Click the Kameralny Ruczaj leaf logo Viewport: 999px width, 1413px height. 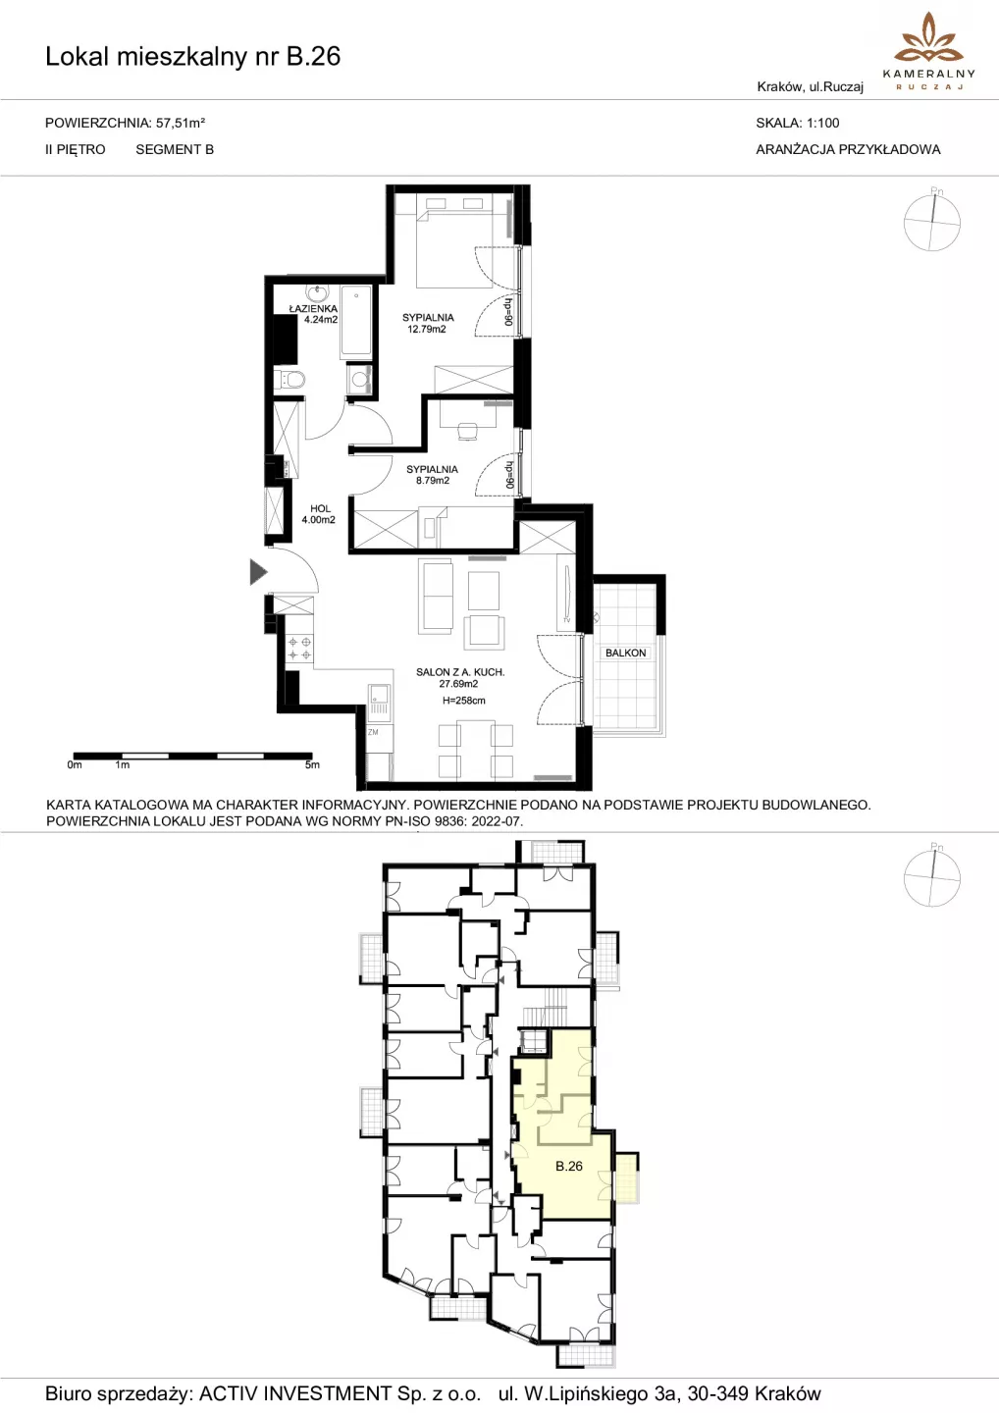coord(929,39)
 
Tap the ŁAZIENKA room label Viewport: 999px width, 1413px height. coord(313,308)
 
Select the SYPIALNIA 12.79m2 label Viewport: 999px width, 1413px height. coord(428,323)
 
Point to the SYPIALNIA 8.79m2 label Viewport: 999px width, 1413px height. coord(432,474)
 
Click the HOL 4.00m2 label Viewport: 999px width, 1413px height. coord(319,513)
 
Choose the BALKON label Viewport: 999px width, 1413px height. coord(626,653)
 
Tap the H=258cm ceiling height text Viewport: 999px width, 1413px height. coord(463,701)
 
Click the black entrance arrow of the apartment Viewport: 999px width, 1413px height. coord(258,572)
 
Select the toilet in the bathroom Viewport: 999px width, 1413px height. coord(290,380)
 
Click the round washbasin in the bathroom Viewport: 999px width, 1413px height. coord(316,293)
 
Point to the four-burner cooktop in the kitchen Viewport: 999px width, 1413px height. coord(299,649)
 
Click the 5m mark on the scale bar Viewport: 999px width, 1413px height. coord(312,764)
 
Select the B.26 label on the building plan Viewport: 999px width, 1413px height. coord(569,1167)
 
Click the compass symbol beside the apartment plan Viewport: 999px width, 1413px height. coord(931,222)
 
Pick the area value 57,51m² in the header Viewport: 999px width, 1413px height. coord(181,123)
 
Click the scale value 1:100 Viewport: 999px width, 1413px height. coord(823,123)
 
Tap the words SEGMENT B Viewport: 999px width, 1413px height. coord(175,149)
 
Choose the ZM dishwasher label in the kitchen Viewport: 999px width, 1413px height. coord(373,732)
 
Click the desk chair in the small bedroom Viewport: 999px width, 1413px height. coord(467,431)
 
